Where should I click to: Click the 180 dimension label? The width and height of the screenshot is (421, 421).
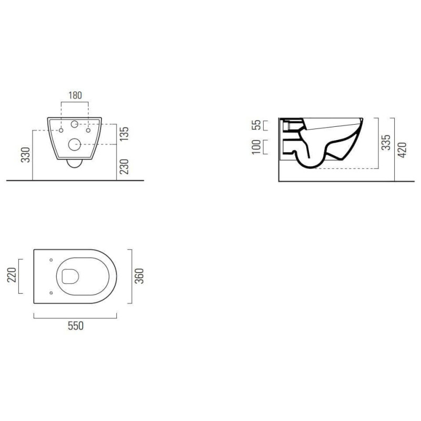click(x=75, y=95)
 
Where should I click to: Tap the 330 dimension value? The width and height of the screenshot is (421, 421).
click(x=26, y=155)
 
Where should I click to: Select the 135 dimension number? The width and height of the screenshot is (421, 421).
click(x=124, y=134)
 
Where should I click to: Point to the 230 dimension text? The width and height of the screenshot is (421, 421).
click(x=124, y=166)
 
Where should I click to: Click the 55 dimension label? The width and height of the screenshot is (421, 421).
click(x=257, y=125)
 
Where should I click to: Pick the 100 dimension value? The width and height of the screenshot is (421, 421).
click(x=257, y=147)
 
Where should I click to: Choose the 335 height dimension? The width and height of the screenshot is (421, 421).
click(x=386, y=143)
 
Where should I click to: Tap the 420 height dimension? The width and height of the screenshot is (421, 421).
click(x=402, y=150)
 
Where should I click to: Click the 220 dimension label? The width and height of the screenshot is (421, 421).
click(x=12, y=275)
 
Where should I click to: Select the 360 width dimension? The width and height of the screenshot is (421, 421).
click(x=139, y=276)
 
